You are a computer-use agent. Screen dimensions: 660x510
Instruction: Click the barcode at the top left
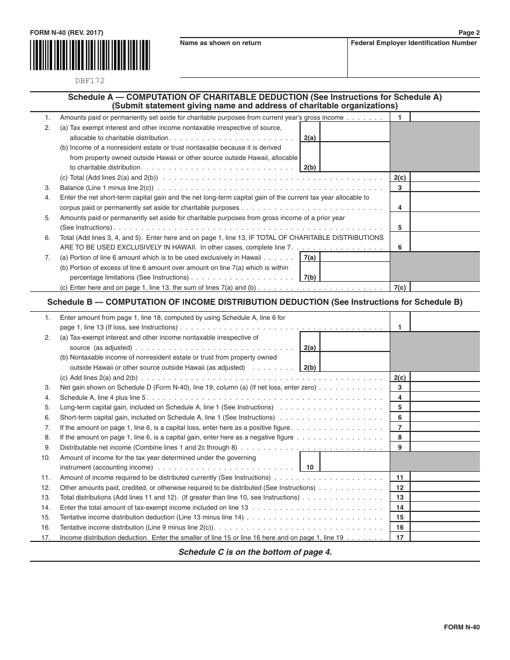coord(90,56)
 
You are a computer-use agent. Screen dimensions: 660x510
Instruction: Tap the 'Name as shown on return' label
coord(221,43)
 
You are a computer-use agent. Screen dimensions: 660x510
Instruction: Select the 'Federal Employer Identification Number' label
coord(413,43)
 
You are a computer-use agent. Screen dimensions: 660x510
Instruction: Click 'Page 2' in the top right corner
coord(469,33)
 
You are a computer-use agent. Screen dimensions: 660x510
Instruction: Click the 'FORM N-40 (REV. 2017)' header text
coord(67,33)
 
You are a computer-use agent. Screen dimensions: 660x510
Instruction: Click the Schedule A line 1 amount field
coord(445,117)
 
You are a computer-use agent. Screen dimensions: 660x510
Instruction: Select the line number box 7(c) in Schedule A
coord(399,288)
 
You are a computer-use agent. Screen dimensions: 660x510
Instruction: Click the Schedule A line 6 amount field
coord(445,243)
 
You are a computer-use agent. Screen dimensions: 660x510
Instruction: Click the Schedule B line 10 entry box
coord(354,462)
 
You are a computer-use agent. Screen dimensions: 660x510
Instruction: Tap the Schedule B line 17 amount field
coord(445,537)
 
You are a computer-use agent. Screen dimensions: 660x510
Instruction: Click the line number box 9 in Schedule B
coord(399,447)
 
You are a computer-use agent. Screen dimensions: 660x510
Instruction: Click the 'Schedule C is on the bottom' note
coord(255,552)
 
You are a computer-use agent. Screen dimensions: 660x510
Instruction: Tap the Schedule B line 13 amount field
coord(445,497)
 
